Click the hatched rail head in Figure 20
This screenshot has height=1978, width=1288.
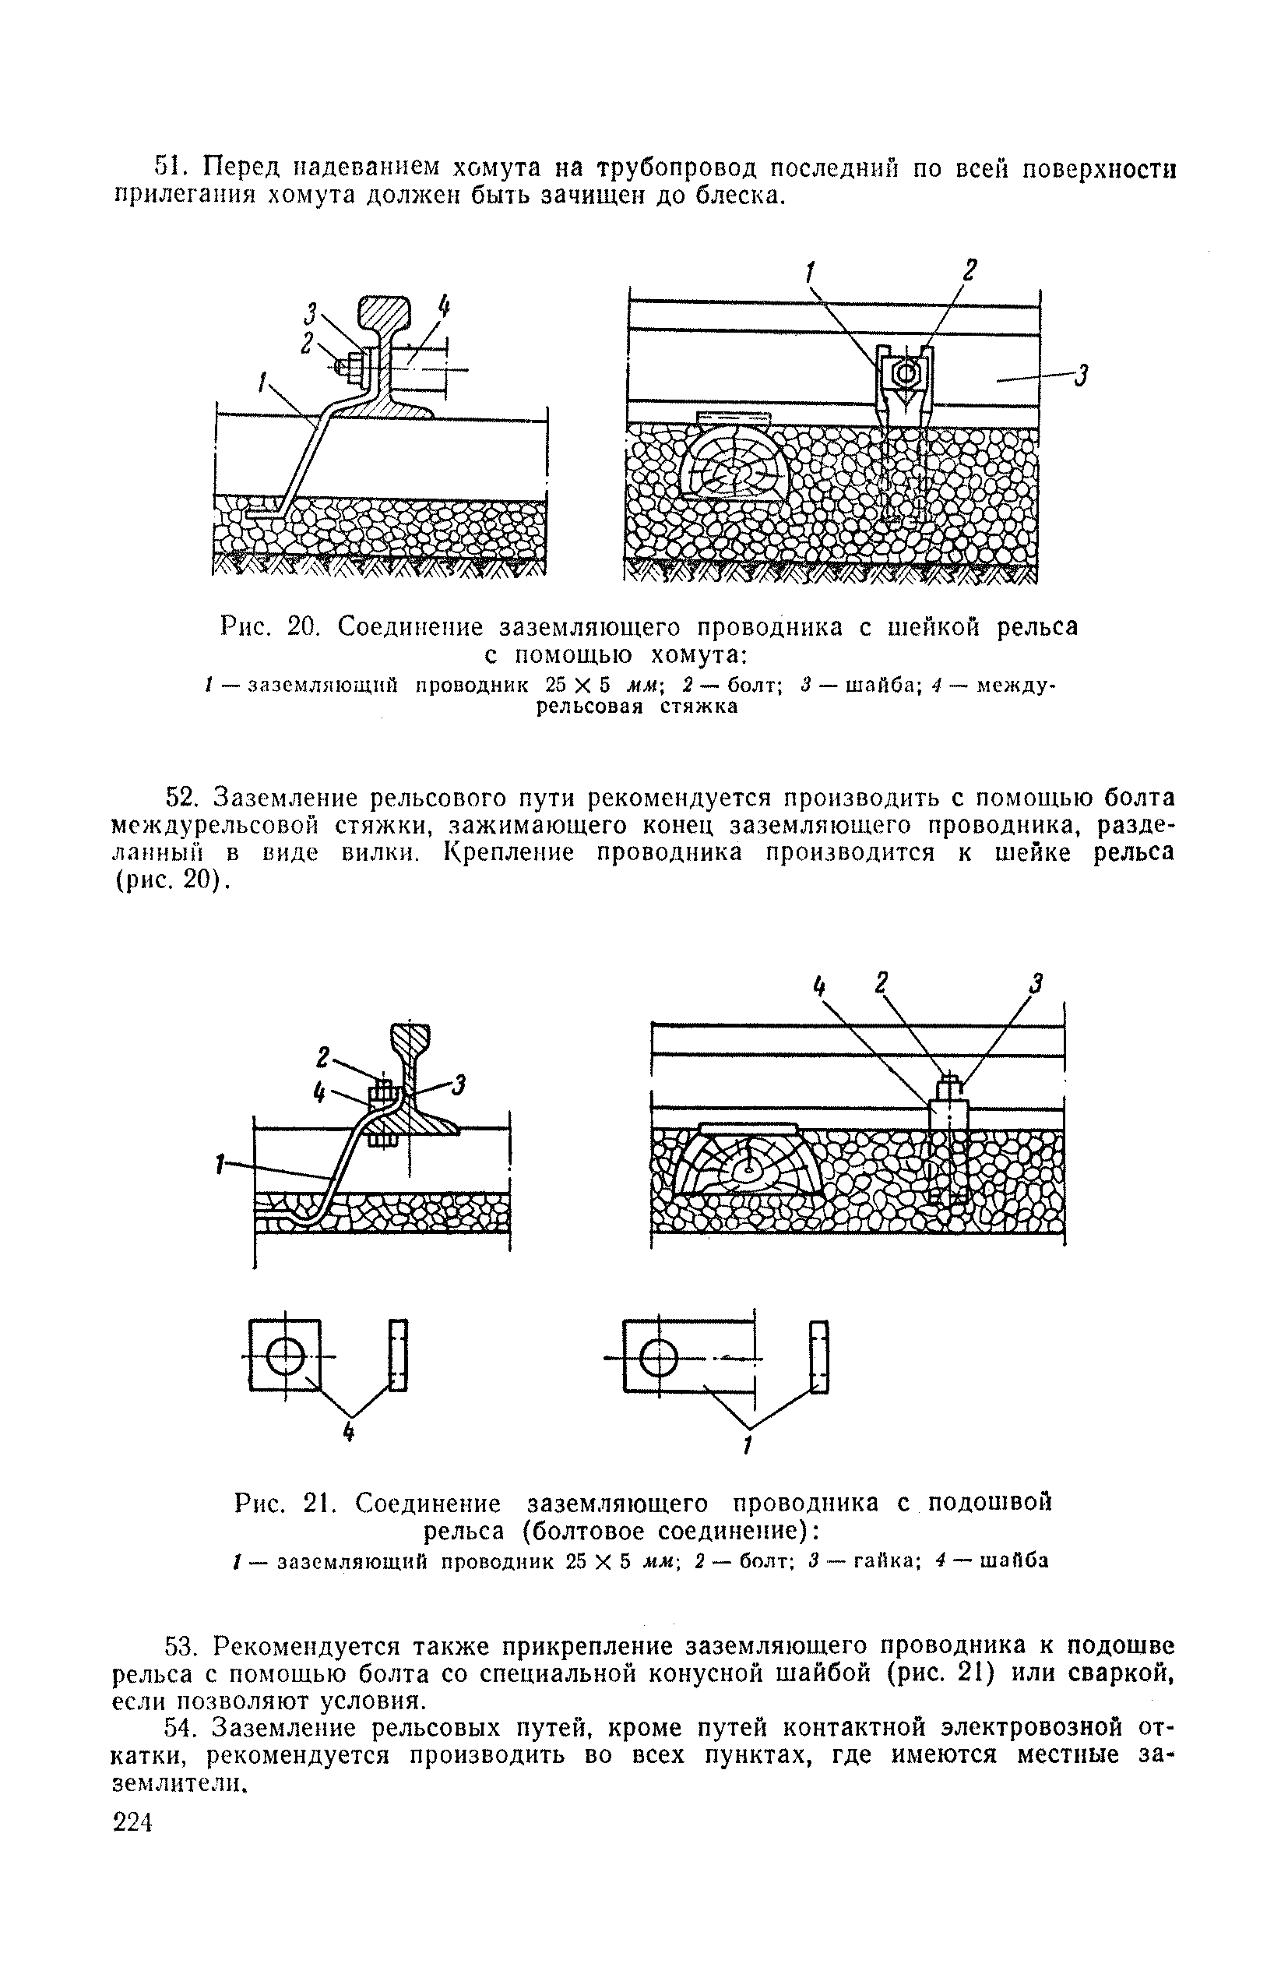[x=385, y=314]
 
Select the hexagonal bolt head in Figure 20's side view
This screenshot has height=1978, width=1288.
[x=904, y=374]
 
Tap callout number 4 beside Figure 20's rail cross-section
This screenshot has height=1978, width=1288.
[x=444, y=309]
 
